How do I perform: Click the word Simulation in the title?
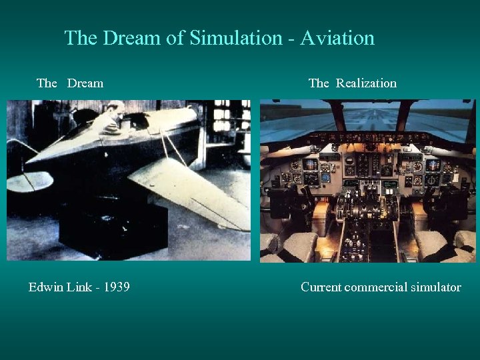click(x=237, y=38)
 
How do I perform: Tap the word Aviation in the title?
click(x=337, y=38)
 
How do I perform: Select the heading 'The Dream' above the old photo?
click(x=70, y=83)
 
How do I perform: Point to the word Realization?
click(x=366, y=83)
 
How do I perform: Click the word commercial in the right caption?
click(x=375, y=287)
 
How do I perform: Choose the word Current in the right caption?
click(x=321, y=287)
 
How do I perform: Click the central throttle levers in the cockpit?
click(x=365, y=207)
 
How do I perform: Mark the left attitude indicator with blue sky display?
click(x=310, y=164)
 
